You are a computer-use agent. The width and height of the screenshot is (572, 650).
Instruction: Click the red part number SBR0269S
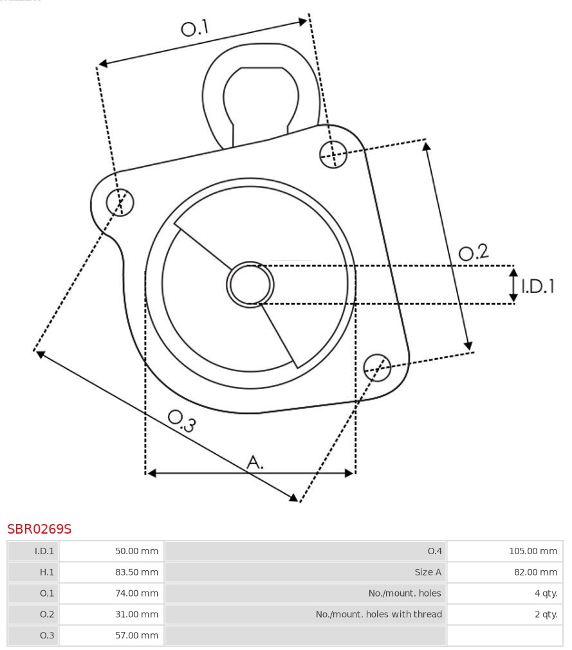(39, 529)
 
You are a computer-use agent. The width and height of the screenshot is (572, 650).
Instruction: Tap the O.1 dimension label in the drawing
(195, 28)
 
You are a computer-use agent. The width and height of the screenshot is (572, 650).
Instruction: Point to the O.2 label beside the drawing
(474, 252)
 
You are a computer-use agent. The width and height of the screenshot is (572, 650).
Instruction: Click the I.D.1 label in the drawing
(537, 286)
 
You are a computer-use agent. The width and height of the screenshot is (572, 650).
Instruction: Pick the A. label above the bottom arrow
(255, 462)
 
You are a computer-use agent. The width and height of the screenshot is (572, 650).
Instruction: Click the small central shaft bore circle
(250, 284)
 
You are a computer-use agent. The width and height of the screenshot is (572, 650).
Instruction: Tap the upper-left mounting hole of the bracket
(120, 203)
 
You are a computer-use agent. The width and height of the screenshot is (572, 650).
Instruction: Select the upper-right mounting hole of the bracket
(333, 154)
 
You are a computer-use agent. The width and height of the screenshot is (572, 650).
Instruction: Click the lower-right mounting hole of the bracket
(377, 366)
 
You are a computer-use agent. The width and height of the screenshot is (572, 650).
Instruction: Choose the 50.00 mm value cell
(136, 551)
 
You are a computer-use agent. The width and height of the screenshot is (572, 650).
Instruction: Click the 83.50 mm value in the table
(136, 572)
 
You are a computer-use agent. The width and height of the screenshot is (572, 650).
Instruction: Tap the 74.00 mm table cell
(136, 593)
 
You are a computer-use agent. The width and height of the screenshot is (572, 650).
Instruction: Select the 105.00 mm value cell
(533, 551)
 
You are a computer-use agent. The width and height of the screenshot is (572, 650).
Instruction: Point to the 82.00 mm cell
(535, 572)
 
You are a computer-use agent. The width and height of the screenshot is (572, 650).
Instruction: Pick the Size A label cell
(428, 572)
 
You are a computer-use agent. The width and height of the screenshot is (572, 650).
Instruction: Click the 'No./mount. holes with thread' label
(378, 615)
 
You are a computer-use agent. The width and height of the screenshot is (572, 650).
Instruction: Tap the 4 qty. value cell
(546, 593)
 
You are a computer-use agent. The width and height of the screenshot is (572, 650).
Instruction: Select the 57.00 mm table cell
(136, 635)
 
